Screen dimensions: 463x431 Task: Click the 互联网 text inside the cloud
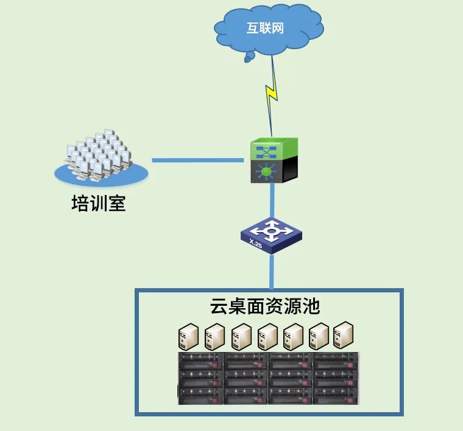[x=265, y=28]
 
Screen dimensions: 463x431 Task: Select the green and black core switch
[x=274, y=160]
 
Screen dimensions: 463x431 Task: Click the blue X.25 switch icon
[x=271, y=236]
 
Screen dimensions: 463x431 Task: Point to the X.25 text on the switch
[x=256, y=244]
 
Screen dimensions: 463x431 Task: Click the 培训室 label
[x=99, y=203]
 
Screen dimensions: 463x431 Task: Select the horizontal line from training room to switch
[x=198, y=160]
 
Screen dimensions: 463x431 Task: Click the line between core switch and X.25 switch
[x=272, y=202]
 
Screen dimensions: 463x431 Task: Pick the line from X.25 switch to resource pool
[x=271, y=271]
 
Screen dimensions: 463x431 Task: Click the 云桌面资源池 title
[x=265, y=306]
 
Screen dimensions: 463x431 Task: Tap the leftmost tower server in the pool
[x=188, y=336]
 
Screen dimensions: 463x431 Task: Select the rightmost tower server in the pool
[x=344, y=335]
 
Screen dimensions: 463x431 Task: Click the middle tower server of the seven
[x=267, y=336]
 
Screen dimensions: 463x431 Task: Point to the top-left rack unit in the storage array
[x=201, y=361]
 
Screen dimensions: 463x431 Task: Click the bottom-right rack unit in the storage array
[x=336, y=395]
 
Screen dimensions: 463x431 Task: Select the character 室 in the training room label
[x=117, y=203]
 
